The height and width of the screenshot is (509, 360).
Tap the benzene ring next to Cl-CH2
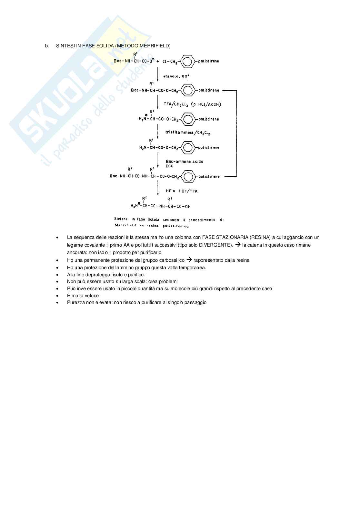pyautogui.click(x=188, y=61)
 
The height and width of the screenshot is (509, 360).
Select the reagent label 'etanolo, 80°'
pyautogui.click(x=176, y=76)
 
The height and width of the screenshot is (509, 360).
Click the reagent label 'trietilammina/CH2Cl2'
pyautogui.click(x=188, y=132)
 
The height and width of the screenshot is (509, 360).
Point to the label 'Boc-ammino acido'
pyautogui.click(x=185, y=162)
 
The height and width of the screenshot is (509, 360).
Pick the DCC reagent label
pyautogui.click(x=169, y=166)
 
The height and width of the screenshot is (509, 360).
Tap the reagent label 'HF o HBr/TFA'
pyautogui.click(x=182, y=191)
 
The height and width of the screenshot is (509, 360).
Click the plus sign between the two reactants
pyautogui.click(x=158, y=61)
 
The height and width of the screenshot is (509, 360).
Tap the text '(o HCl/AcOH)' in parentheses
pyautogui.click(x=206, y=104)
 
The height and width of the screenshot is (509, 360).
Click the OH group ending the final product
pyautogui.click(x=187, y=206)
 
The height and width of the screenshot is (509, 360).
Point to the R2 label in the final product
pyautogui.click(x=145, y=198)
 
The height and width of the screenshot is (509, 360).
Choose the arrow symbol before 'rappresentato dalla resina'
pyautogui.click(x=189, y=260)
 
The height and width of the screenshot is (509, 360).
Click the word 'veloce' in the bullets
pyautogui.click(x=92, y=296)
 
